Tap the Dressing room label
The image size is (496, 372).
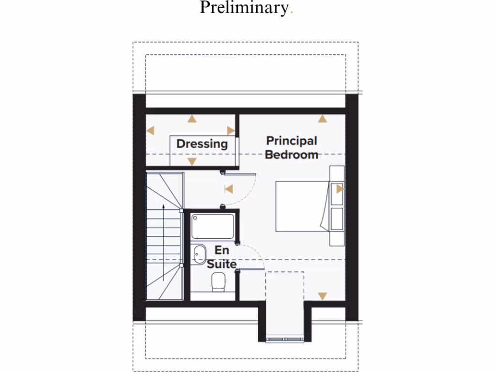(202, 143)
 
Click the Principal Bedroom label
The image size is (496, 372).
(292, 148)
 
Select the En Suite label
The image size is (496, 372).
(222, 257)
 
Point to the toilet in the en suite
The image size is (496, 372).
(219, 281)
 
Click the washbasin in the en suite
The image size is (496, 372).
(199, 254)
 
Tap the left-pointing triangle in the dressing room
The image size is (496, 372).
(150, 130)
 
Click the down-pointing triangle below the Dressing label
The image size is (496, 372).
(192, 161)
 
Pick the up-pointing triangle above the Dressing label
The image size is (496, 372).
(192, 119)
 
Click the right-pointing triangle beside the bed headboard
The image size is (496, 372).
(340, 189)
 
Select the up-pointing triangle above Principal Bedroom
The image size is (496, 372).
(322, 119)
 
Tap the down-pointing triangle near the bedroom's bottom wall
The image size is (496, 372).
(322, 296)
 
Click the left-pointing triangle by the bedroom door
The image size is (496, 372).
(228, 189)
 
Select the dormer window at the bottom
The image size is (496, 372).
(285, 339)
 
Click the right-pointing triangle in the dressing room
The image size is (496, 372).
(231, 130)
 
